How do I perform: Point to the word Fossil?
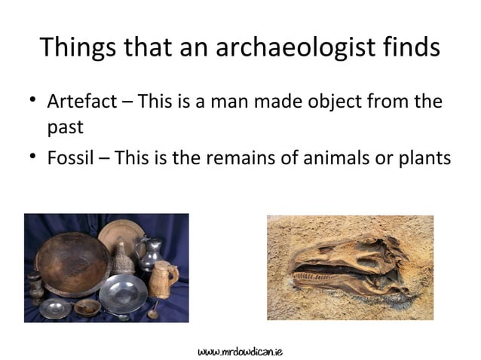pos(69,159)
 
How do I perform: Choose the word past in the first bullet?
pos(65,127)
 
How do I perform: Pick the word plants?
pos(423,159)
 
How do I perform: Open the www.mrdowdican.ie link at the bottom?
pos(240,351)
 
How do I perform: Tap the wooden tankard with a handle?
pos(162,278)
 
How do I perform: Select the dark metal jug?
pos(147,251)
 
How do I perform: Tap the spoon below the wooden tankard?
pos(155,308)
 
